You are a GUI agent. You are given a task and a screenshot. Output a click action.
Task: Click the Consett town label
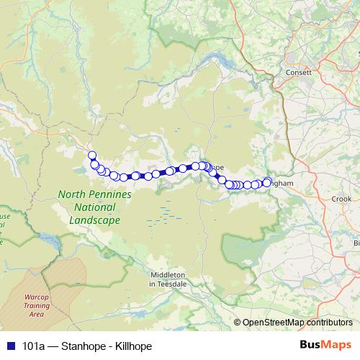297,73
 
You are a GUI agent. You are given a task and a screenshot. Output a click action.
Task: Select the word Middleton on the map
168,274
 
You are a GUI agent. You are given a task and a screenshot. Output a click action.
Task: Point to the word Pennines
109,194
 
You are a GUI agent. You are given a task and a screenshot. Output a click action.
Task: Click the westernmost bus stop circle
91,156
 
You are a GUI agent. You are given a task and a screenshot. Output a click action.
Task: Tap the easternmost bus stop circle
268,182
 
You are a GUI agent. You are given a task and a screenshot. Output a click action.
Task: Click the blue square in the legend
9,346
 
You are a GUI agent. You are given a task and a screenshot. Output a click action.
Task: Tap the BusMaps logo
325,345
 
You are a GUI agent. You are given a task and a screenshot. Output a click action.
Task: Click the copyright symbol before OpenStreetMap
238,323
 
